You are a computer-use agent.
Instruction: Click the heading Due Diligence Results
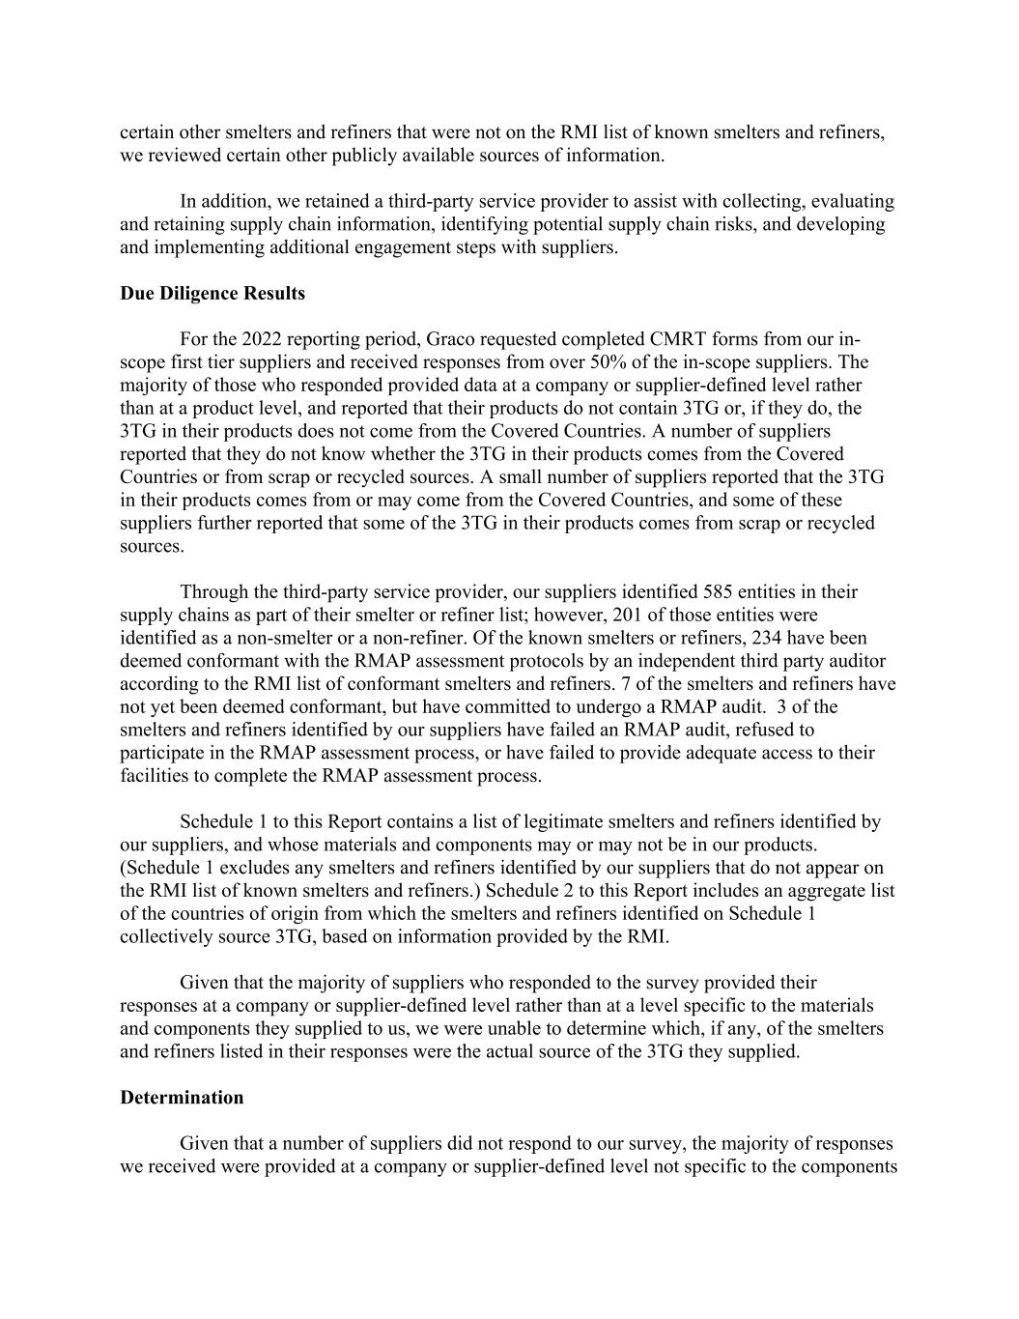pos(212,294)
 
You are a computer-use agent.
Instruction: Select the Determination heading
pos(182,1098)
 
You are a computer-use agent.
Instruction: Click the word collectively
pos(166,936)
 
